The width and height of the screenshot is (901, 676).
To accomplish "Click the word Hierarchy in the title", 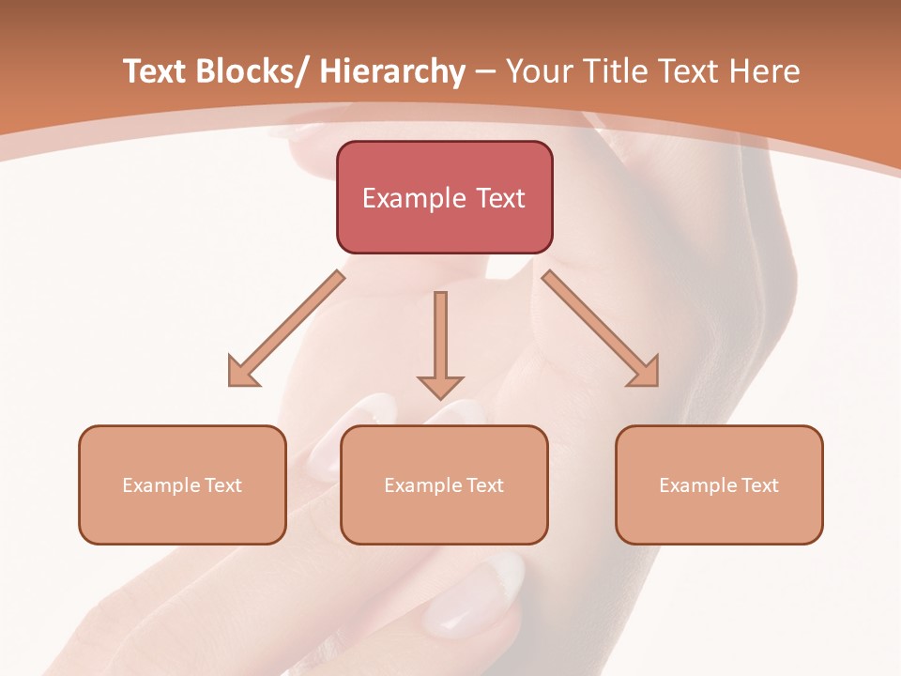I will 392,71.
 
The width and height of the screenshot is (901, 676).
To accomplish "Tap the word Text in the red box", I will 500,198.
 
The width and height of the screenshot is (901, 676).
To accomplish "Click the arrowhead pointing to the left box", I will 241,373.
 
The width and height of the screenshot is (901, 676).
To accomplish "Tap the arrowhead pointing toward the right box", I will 646,372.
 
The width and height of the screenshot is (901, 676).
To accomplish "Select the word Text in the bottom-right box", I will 760,485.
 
